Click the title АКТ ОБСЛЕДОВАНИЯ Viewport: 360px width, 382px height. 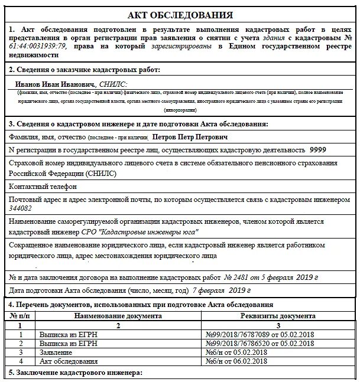click(x=180, y=15)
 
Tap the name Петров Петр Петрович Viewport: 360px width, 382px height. click(x=190, y=136)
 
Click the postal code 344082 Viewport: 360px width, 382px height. click(x=21, y=208)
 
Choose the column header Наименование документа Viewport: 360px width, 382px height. click(x=118, y=316)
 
